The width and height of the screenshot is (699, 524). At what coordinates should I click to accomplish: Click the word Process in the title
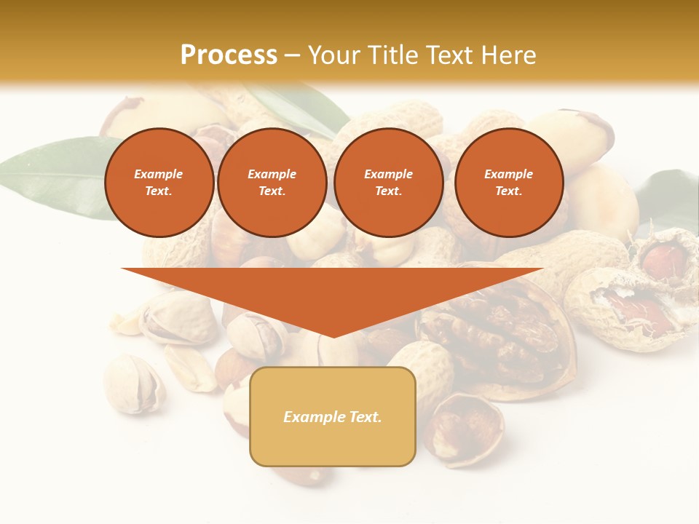click(229, 55)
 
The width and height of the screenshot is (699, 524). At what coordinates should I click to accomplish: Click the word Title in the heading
click(392, 55)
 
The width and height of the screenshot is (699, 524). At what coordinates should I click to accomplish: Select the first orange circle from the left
click(159, 183)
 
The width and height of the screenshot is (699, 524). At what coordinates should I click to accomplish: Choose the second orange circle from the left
click(272, 183)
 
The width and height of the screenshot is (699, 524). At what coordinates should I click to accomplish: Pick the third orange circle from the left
click(388, 183)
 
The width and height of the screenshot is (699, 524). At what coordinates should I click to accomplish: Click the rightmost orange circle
click(508, 183)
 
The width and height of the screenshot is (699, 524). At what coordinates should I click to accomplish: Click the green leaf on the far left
click(51, 175)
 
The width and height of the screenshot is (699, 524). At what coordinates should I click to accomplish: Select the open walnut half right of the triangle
click(502, 342)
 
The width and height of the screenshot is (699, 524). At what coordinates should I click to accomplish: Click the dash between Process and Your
click(292, 55)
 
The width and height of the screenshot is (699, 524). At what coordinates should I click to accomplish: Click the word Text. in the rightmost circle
click(508, 191)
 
